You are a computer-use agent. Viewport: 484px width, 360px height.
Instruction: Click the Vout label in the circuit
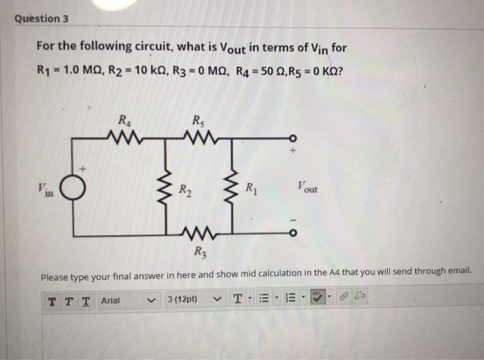[x=304, y=187]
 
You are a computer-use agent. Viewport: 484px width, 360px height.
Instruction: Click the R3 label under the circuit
[x=200, y=253]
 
